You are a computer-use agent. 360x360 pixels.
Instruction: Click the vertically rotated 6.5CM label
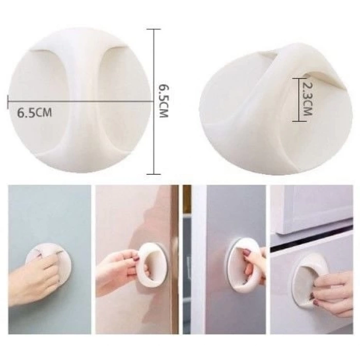click(x=164, y=100)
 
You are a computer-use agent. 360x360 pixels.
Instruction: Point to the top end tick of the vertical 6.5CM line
click(x=153, y=29)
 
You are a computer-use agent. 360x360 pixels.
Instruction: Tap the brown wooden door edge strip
click(x=175, y=257)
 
